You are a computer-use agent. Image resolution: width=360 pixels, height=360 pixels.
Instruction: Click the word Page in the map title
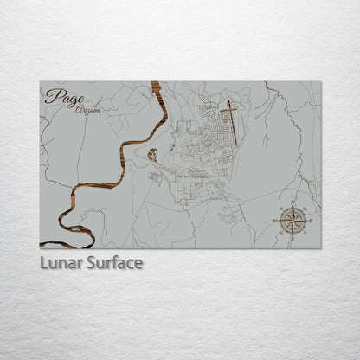pos(65,97)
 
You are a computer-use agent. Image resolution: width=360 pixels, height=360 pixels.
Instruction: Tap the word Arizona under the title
pos(87,110)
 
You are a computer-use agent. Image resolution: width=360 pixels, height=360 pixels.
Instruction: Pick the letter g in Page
pos(70,100)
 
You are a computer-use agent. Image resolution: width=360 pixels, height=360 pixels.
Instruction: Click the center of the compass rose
pos(294,222)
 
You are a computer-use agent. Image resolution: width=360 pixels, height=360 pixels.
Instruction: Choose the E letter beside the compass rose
pos(310,222)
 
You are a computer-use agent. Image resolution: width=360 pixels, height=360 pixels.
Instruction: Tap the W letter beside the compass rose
pos(278,222)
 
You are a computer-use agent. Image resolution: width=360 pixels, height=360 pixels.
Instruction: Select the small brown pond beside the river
pos(152,155)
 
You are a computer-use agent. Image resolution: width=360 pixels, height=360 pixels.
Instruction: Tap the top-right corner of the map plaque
pos(321,82)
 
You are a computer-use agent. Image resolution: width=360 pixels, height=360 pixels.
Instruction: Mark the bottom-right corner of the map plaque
pos(321,248)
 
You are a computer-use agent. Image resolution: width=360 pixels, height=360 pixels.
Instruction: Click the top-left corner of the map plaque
pos(40,82)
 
